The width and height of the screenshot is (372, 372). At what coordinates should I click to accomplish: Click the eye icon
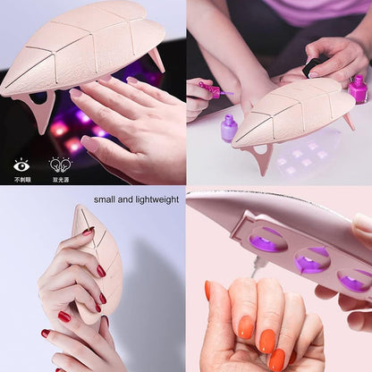coord(21,164)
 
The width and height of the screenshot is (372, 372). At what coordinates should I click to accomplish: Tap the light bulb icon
coord(60,164)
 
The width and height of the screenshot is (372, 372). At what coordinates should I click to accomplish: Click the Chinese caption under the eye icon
coord(21,179)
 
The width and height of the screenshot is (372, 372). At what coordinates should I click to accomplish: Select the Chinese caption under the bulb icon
coord(60,179)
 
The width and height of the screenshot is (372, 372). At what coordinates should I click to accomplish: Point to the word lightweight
coord(154,199)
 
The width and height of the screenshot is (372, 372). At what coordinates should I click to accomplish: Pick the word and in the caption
coord(123,199)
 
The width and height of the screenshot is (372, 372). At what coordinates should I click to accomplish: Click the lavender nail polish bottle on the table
coord(229,126)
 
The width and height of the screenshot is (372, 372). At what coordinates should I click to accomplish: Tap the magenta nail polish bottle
coord(359,89)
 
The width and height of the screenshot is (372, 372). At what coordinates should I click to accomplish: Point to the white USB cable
coord(257,265)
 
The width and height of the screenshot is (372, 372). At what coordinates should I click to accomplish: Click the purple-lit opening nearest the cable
coord(267,239)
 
